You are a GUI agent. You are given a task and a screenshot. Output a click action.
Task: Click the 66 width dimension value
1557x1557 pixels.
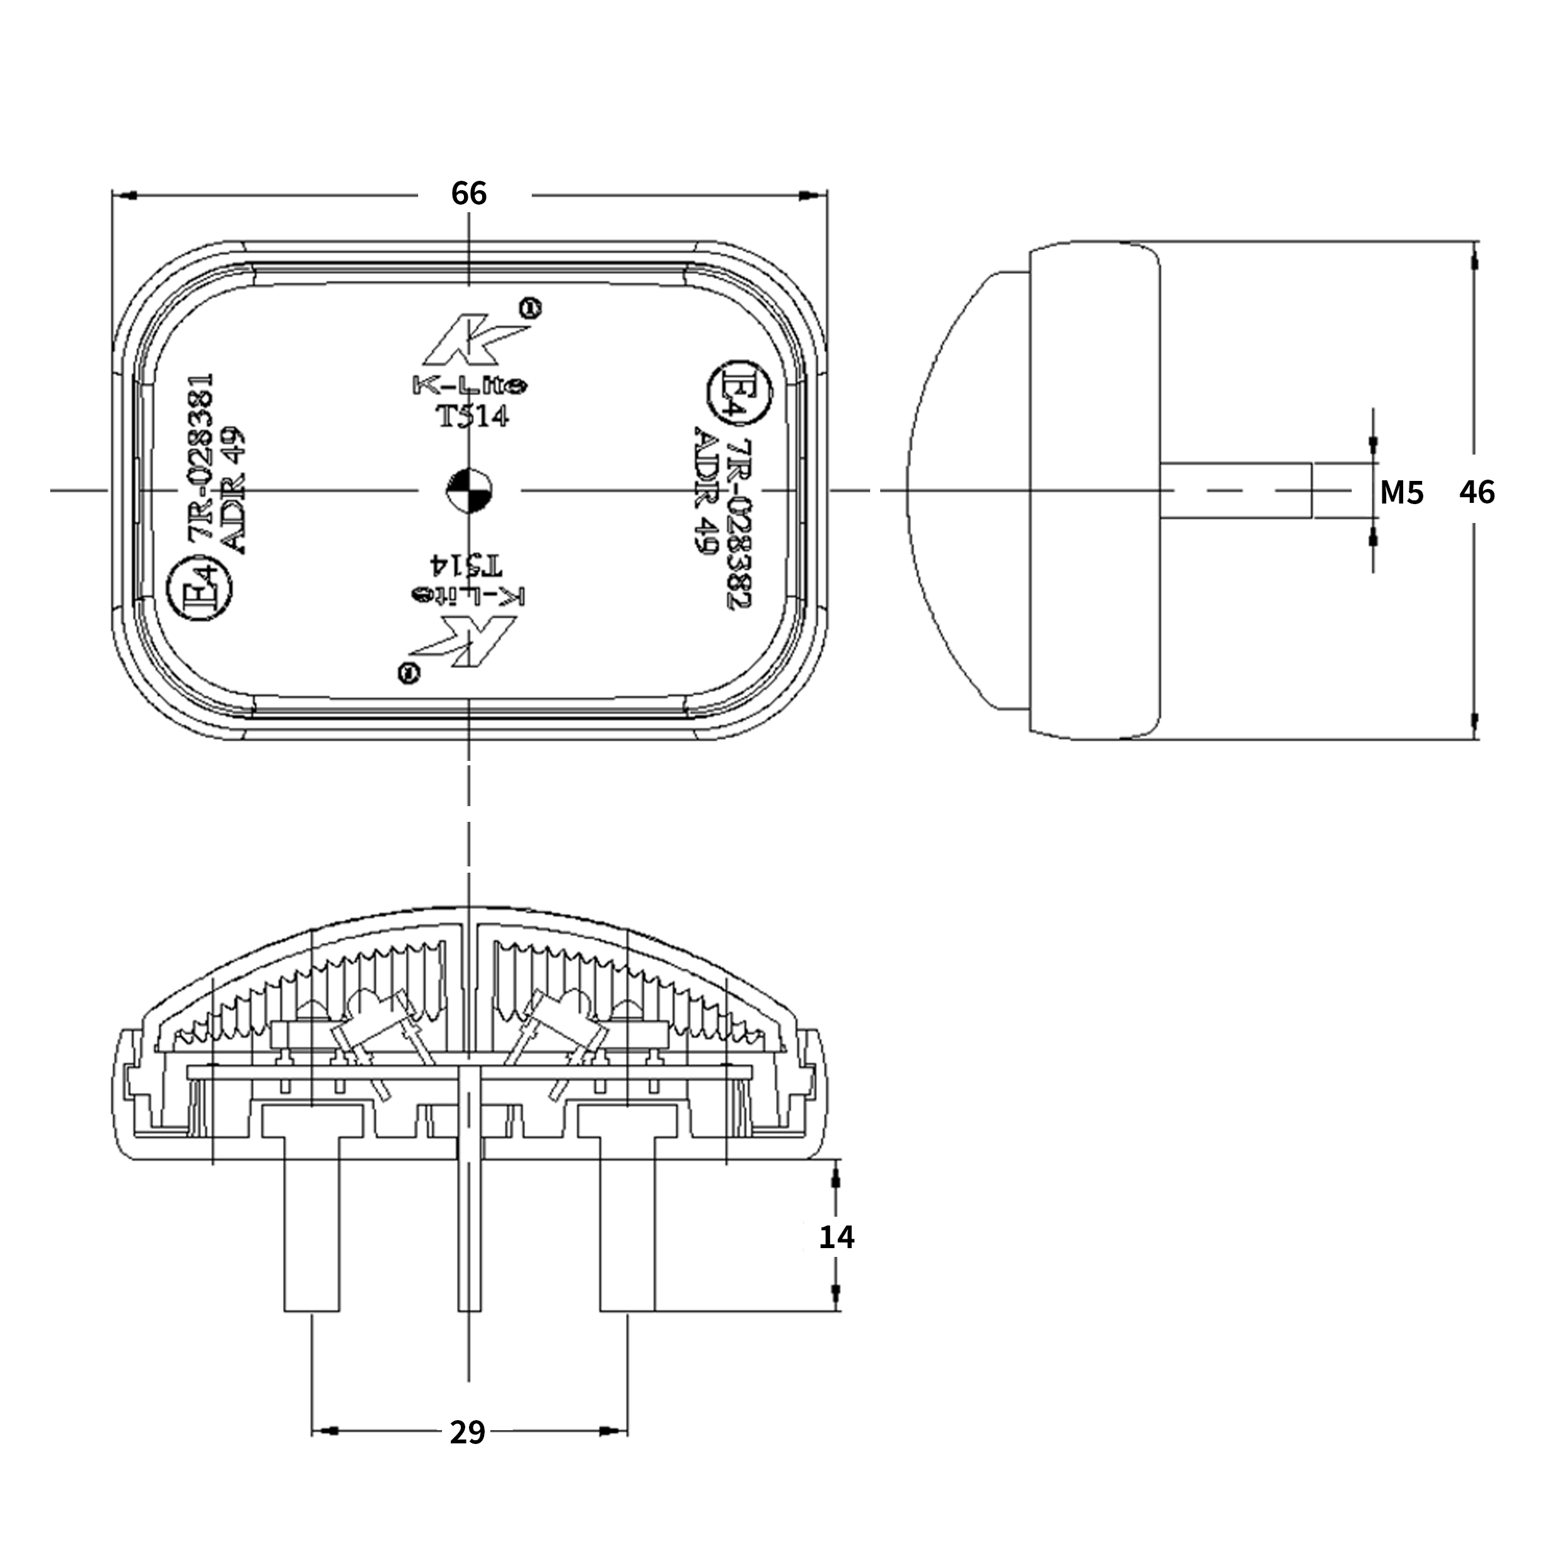[x=468, y=193]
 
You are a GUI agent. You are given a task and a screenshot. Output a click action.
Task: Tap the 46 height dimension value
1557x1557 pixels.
[x=1477, y=492]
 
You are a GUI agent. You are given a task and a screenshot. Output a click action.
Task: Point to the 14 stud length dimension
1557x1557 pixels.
[x=836, y=1236]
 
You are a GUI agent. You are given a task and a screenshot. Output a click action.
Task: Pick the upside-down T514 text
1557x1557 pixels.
[x=466, y=563]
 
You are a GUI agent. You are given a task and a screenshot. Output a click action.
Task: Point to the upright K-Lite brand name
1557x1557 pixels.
[x=470, y=386]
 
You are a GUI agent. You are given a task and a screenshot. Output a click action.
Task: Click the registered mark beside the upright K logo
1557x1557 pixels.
[x=529, y=307]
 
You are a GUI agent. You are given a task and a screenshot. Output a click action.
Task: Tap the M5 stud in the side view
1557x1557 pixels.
[x=1236, y=490]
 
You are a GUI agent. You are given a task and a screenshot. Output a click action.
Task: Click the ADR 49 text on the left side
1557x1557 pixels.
[x=232, y=489]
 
